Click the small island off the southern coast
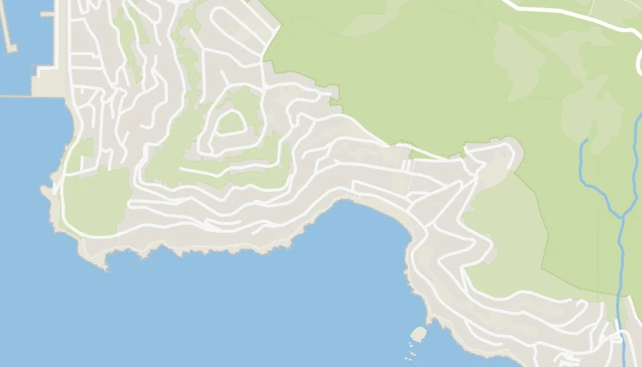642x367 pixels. [419, 332]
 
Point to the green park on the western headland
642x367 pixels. [92, 197]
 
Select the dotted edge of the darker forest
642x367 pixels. [545, 229]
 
